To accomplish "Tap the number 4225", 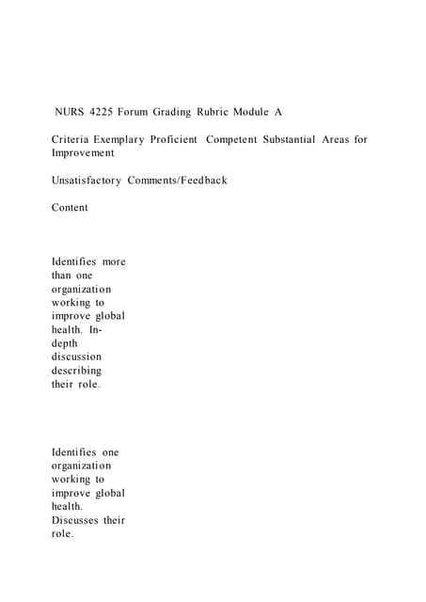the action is coord(103,112).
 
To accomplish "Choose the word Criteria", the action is coord(71,139).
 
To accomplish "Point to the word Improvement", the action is coord(83,152).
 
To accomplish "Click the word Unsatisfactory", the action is coord(87,180).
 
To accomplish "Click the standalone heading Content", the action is coord(70,208).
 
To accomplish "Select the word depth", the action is coord(67,343).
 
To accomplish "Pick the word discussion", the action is coord(76,357).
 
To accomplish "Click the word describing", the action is coord(76,371).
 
